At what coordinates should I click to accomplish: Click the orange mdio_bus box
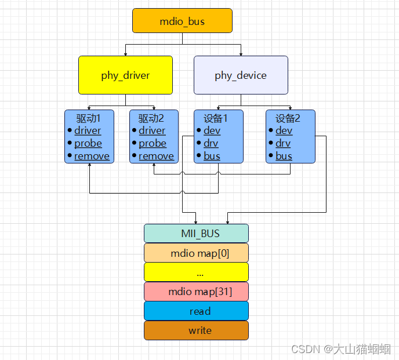[x=182, y=21]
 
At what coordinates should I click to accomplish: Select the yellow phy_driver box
[x=125, y=75]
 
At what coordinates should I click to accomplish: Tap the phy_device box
[x=241, y=75]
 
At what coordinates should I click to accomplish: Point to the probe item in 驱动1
[x=88, y=143]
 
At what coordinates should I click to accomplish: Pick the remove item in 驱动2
[x=156, y=156]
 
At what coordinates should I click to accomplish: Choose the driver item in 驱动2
[x=152, y=131]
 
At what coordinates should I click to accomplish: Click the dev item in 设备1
[x=212, y=131]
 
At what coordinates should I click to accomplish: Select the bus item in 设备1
[x=212, y=156]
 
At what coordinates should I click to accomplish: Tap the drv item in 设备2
[x=284, y=143]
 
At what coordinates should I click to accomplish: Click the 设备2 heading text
[x=288, y=118]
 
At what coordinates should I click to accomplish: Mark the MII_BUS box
[x=196, y=234]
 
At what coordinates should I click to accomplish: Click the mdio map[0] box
[x=196, y=253]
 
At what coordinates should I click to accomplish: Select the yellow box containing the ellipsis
[x=196, y=272]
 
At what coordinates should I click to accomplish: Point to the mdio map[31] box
[x=196, y=292]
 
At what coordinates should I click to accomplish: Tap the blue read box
[x=196, y=311]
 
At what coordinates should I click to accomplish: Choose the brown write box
[x=196, y=330]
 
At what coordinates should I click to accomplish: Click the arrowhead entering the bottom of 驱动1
[x=89, y=166]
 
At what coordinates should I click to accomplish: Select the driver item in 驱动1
[x=88, y=131]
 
